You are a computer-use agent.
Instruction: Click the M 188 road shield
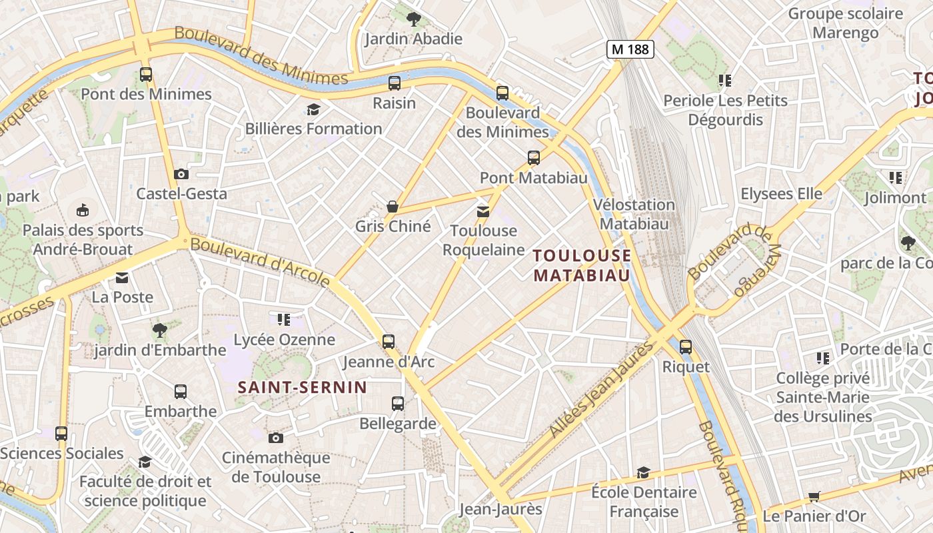(630, 49)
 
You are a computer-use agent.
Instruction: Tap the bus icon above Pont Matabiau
(534, 158)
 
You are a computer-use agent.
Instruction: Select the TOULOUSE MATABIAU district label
(582, 265)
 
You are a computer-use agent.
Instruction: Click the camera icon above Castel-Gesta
(181, 175)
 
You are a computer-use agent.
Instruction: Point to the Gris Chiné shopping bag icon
(393, 207)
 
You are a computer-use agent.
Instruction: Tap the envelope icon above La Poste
(122, 278)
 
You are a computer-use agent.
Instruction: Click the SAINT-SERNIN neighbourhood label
(303, 387)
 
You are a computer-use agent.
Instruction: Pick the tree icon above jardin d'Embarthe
(159, 330)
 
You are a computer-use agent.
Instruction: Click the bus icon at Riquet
(685, 347)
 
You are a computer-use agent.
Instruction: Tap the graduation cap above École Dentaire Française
(643, 473)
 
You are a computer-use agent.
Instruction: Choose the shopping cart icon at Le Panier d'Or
(814, 496)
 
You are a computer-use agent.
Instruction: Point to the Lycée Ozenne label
(284, 340)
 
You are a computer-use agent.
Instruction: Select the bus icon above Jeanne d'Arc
(389, 342)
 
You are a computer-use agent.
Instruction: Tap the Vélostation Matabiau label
(634, 214)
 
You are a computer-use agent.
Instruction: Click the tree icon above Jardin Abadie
(413, 19)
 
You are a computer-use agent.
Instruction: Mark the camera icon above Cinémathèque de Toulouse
(275, 438)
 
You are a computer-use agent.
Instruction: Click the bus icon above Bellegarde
(398, 404)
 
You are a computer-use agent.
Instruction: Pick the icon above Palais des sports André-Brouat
(83, 211)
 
